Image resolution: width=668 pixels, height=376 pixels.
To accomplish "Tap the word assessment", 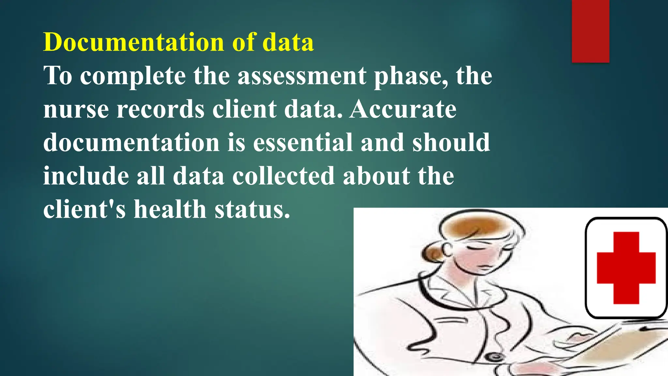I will point(302,76).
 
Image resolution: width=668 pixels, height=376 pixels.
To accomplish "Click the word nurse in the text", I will point(76,109).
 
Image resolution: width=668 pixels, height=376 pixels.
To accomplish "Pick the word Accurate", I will point(403,109).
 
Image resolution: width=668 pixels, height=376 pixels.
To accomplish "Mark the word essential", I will point(303,143).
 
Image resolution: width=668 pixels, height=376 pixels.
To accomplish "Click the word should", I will point(451,143).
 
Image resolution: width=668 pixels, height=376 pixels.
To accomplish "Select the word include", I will point(86,176).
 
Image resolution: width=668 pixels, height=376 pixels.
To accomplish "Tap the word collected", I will point(283,176).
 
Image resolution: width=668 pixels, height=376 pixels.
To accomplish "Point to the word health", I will point(170,209).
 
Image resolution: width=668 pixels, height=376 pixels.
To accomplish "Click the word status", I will point(252,209).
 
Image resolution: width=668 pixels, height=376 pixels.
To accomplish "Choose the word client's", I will point(84,209).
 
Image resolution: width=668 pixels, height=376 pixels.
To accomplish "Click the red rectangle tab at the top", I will point(590,31).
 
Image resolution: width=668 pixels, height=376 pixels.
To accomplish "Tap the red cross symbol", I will point(626,268).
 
